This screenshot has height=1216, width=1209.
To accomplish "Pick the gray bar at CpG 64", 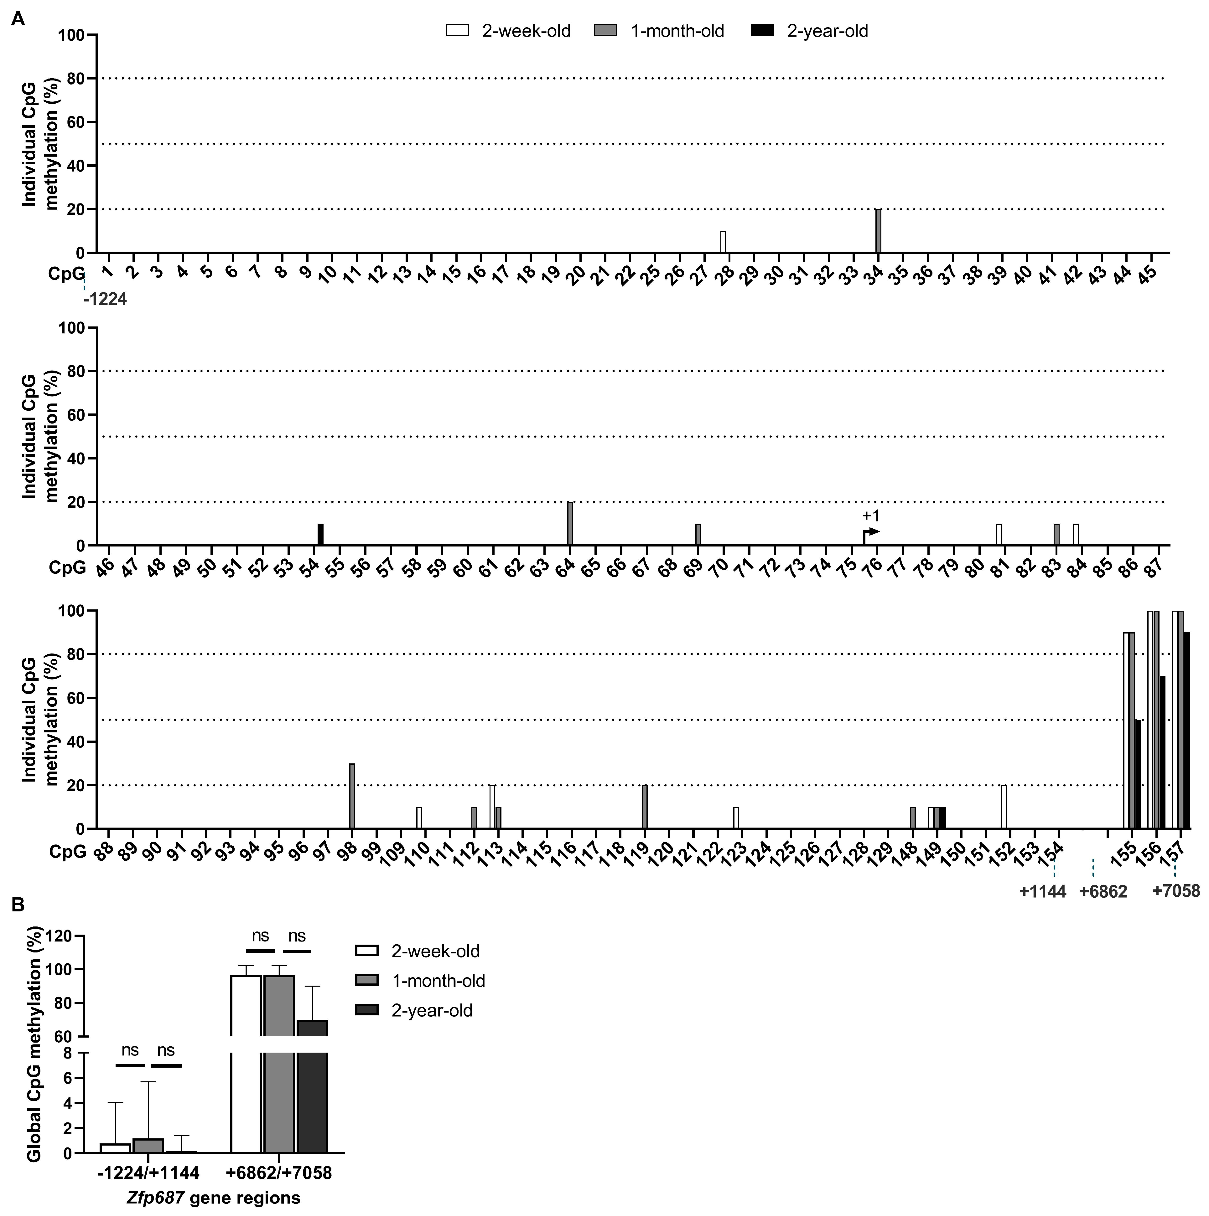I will click(570, 524).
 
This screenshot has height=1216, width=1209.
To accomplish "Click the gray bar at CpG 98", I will click(352, 796).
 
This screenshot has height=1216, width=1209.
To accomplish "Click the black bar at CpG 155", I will click(1138, 774).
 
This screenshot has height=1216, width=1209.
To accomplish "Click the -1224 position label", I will click(105, 300).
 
